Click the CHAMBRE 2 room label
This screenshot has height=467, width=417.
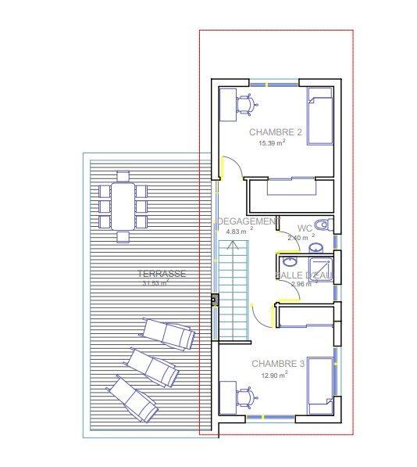[275, 132]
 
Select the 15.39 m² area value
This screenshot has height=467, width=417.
[271, 144]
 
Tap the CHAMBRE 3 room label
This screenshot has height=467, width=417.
[278, 364]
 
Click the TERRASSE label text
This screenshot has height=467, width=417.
[161, 274]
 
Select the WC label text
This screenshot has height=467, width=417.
[304, 228]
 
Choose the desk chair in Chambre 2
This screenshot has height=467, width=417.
[247, 105]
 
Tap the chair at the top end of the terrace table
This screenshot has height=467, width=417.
[123, 176]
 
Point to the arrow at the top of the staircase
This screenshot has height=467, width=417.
[232, 246]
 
